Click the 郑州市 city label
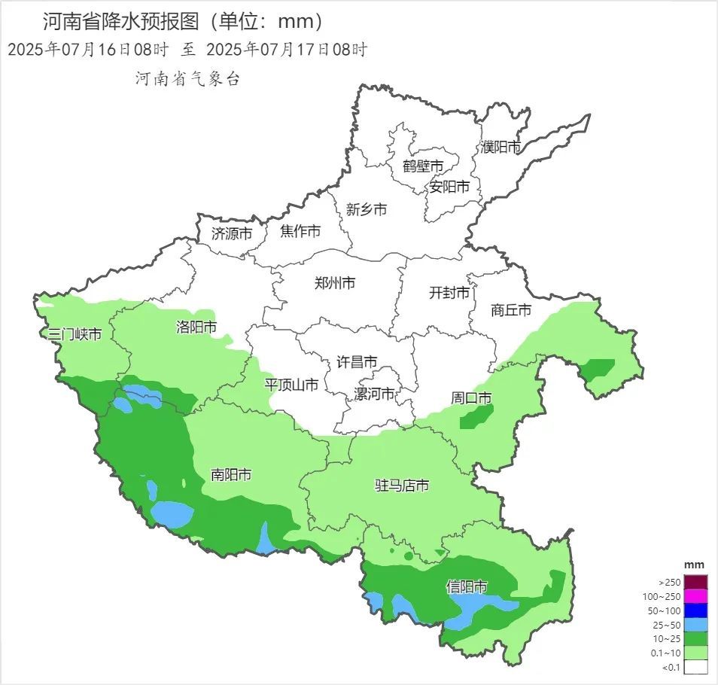pos(334,284)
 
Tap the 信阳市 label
pos(467,586)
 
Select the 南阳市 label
pos(231,475)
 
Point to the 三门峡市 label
pos(75,333)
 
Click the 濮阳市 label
pos(502,147)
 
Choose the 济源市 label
pos(232,233)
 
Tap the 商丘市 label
pos(511,309)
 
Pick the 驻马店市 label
pos(402,486)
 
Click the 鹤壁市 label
pos(423,166)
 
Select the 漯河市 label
pos(375,394)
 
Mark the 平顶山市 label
pos(291,385)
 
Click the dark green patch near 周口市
pos(477,417)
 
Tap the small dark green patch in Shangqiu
pos(598,368)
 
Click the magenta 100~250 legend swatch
pos(696,596)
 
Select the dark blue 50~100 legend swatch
pos(696,610)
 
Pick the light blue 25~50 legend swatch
pos(696,624)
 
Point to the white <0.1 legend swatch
pos(696,666)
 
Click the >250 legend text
pos(669,582)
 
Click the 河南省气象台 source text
pos(187,78)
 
